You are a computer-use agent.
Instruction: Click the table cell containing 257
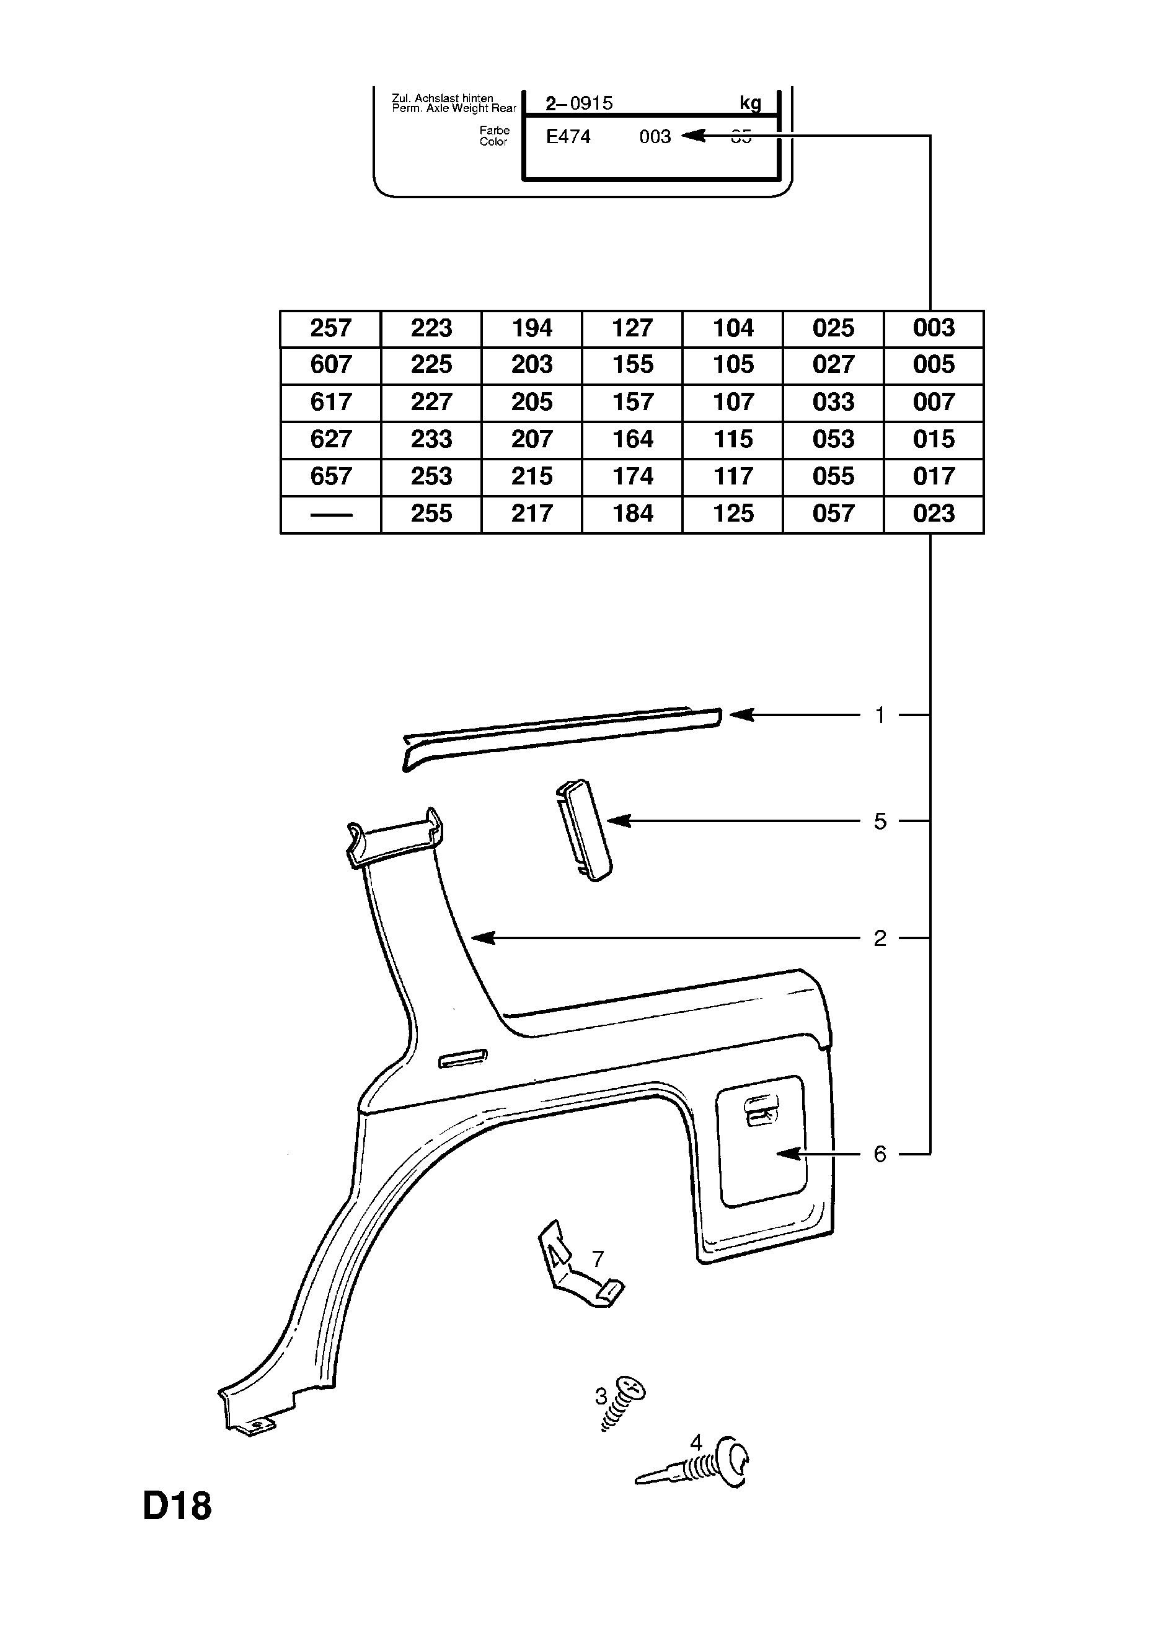[330, 328]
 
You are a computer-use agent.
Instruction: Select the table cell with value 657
[330, 476]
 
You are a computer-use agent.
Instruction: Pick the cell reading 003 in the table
[934, 328]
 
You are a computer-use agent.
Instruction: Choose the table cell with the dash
[330, 514]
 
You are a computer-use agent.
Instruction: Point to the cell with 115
[733, 439]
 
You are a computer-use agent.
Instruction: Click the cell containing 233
[431, 439]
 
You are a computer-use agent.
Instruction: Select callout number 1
[880, 715]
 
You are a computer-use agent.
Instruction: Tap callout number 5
[880, 822]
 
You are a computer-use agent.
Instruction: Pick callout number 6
[880, 1154]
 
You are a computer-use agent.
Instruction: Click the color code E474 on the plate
[568, 137]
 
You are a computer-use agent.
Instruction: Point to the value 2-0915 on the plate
[579, 103]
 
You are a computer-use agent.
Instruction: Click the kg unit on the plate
[750, 103]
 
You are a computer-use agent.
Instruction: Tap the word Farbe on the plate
[495, 131]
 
